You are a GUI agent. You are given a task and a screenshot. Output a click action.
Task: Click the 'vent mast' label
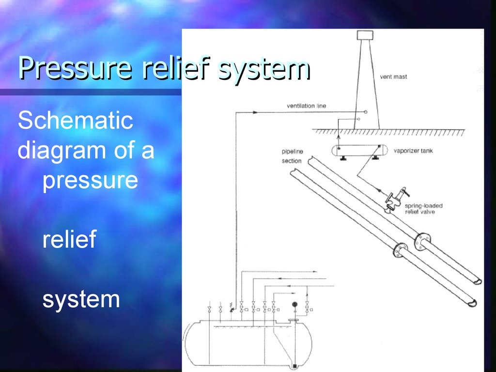(x=393, y=77)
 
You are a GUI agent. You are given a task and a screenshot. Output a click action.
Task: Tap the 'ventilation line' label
(x=306, y=106)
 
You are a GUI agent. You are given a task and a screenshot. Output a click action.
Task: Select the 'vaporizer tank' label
(x=413, y=151)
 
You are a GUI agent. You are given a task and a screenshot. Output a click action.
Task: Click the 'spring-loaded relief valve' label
(x=423, y=209)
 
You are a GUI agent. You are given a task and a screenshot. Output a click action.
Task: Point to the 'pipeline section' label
(x=292, y=156)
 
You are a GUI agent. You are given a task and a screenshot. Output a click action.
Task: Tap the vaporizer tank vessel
(x=358, y=150)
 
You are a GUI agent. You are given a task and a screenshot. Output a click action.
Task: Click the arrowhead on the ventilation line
(x=255, y=112)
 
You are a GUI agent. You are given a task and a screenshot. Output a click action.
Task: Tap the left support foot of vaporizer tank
(x=342, y=158)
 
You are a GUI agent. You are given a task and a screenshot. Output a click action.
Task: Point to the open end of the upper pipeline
(x=477, y=281)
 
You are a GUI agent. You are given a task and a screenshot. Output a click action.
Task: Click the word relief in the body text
(x=69, y=239)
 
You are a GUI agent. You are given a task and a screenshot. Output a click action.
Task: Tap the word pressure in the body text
(x=90, y=180)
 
